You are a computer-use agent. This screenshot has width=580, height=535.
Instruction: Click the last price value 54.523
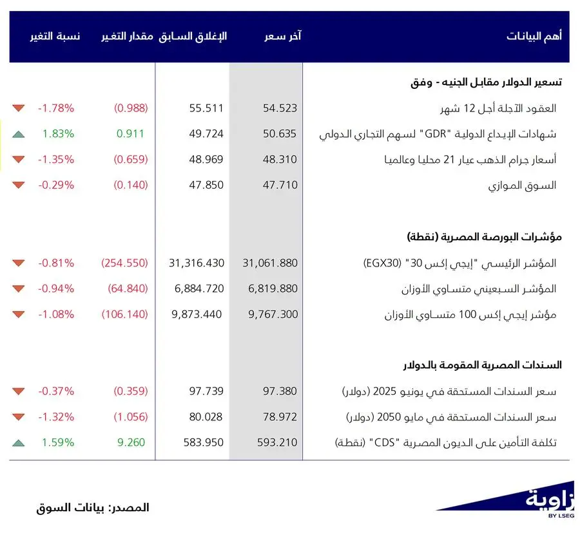pyautogui.click(x=280, y=108)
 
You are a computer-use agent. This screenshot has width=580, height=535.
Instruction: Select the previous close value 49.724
pyautogui.click(x=206, y=134)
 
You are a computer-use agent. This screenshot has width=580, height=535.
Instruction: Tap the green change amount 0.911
pyautogui.click(x=130, y=134)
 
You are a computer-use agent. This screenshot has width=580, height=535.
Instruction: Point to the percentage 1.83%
pyautogui.click(x=58, y=134)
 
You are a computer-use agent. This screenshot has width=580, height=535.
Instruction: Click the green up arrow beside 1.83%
pyautogui.click(x=18, y=134)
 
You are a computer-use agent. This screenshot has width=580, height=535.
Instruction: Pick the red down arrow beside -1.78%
pyautogui.click(x=18, y=108)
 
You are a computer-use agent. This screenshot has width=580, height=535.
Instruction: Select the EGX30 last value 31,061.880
pyautogui.click(x=270, y=263)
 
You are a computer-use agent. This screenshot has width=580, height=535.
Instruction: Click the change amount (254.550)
pyautogui.click(x=124, y=263)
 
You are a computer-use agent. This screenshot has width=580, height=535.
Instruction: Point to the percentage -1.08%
pyautogui.click(x=55, y=315)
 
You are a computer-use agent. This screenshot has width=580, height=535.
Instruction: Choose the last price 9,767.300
pyautogui.click(x=273, y=315)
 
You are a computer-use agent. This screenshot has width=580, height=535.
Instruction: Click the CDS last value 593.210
pyautogui.click(x=277, y=442)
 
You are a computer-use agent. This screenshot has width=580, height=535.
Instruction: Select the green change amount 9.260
pyautogui.click(x=130, y=442)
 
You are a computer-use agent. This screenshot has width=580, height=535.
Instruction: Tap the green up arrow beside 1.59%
pyautogui.click(x=18, y=442)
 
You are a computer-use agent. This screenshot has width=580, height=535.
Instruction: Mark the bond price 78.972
pyautogui.click(x=280, y=417)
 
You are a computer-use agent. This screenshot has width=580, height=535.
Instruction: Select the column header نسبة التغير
pyautogui.click(x=55, y=37)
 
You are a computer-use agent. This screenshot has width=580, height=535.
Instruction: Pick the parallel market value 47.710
pyautogui.click(x=280, y=185)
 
